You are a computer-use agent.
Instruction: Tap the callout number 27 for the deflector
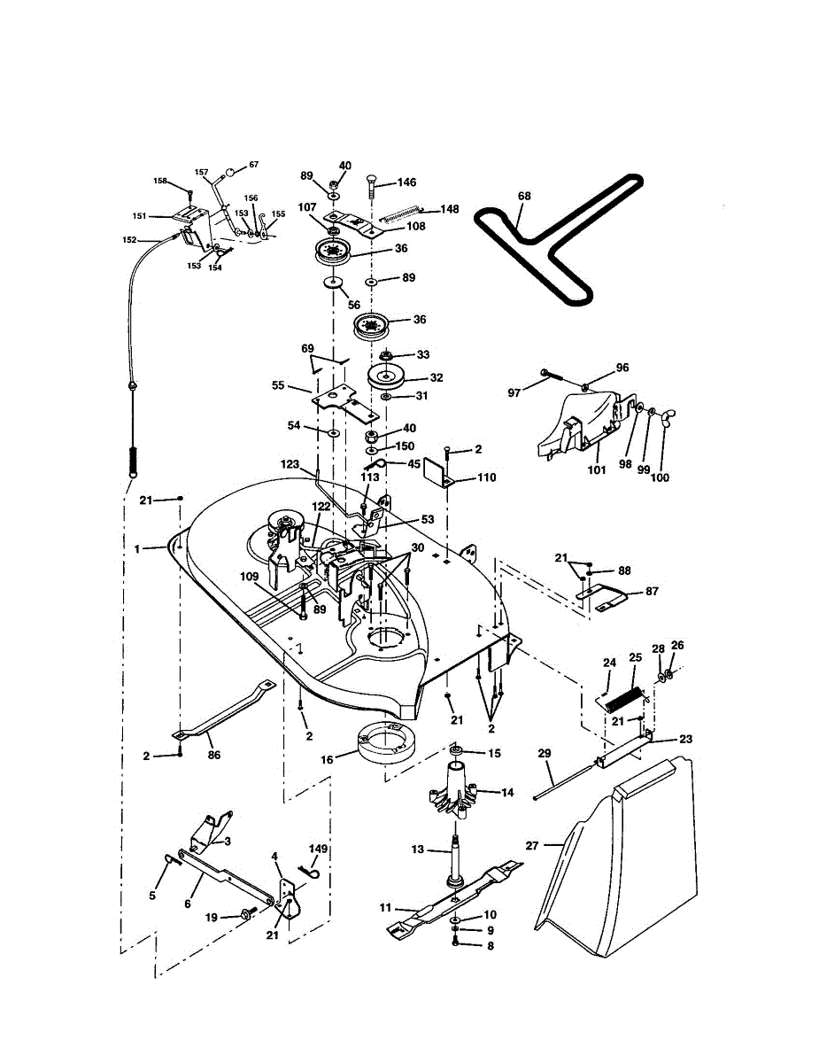tap(532, 846)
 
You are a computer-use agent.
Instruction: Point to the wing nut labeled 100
tap(661, 477)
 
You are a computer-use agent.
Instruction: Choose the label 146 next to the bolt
tap(406, 182)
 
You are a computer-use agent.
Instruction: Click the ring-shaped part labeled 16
tap(388, 738)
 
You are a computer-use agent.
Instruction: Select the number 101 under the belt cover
tap(598, 470)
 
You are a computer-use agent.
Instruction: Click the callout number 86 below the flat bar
tap(214, 756)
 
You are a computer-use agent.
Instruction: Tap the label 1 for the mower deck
tap(137, 549)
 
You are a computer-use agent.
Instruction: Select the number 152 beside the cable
tap(129, 239)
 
